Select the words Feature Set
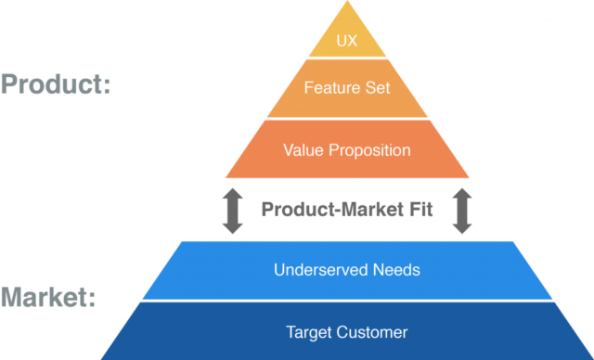(347, 89)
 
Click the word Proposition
(368, 148)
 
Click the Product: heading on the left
(56, 84)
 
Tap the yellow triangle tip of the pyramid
(347, 19)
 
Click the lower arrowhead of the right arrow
(461, 225)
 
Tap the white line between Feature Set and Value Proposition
(347, 119)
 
